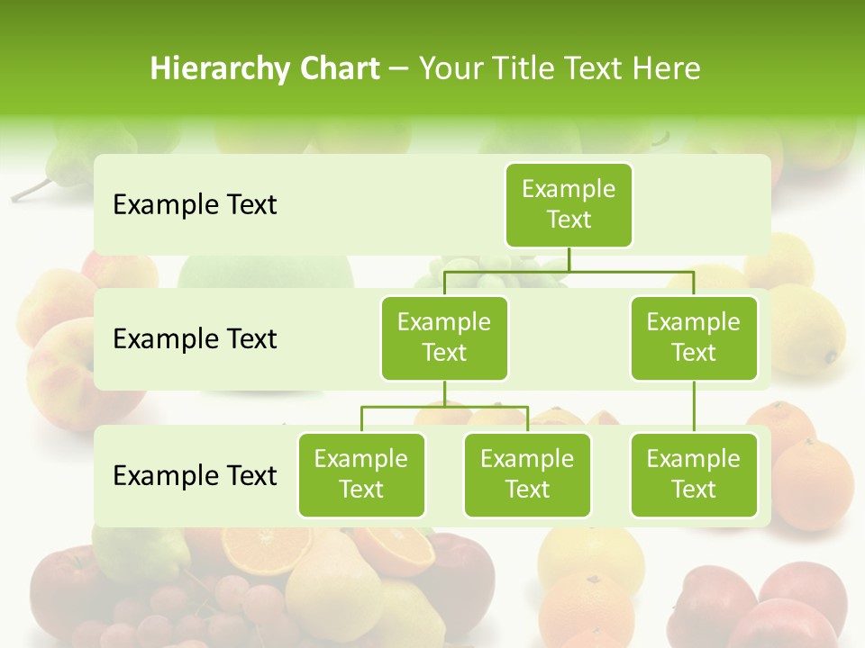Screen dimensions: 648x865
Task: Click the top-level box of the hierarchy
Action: tap(569, 204)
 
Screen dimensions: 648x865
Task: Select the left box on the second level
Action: tap(444, 337)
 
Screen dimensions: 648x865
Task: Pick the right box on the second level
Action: tap(694, 337)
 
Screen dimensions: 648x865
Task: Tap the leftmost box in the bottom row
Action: tap(361, 474)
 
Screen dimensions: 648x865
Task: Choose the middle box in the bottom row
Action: tap(527, 474)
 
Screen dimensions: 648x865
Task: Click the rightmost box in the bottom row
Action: tap(694, 474)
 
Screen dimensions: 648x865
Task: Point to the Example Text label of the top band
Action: tap(195, 205)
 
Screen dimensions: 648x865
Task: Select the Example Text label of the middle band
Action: tap(195, 339)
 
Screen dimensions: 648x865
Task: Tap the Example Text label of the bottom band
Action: tap(195, 475)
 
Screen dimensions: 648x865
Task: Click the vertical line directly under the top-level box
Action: tap(569, 258)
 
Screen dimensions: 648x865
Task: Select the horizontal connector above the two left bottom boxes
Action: tap(444, 407)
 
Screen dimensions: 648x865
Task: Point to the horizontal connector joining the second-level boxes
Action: tap(569, 270)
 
